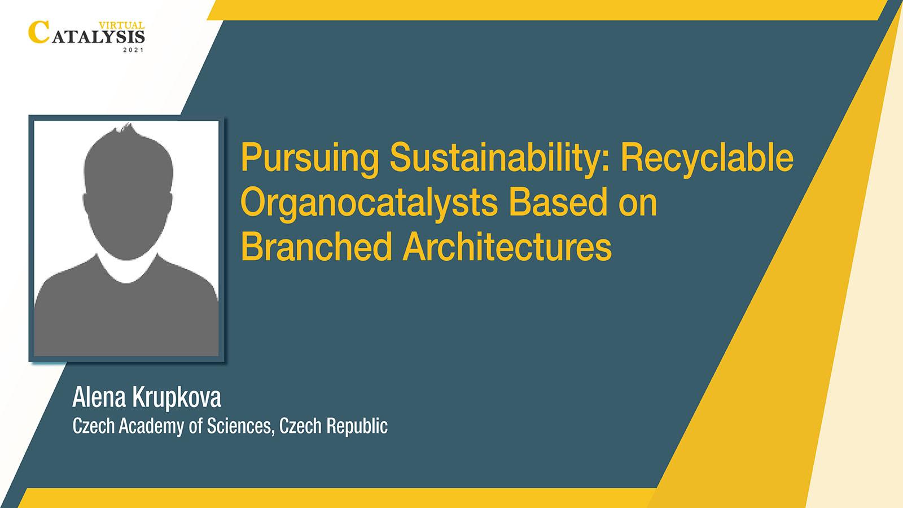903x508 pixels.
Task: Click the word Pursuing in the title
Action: (x=310, y=159)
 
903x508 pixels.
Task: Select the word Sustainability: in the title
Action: (x=499, y=159)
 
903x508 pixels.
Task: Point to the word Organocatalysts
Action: (x=369, y=203)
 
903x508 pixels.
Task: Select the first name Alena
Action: (x=99, y=397)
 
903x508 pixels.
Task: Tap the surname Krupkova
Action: (x=177, y=398)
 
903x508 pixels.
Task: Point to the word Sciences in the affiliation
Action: (x=240, y=426)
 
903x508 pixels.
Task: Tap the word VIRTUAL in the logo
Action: (x=122, y=25)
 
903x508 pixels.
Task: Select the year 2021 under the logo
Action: (x=133, y=50)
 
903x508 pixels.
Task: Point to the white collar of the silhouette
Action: (x=126, y=269)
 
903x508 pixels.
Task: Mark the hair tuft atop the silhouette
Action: (x=124, y=128)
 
